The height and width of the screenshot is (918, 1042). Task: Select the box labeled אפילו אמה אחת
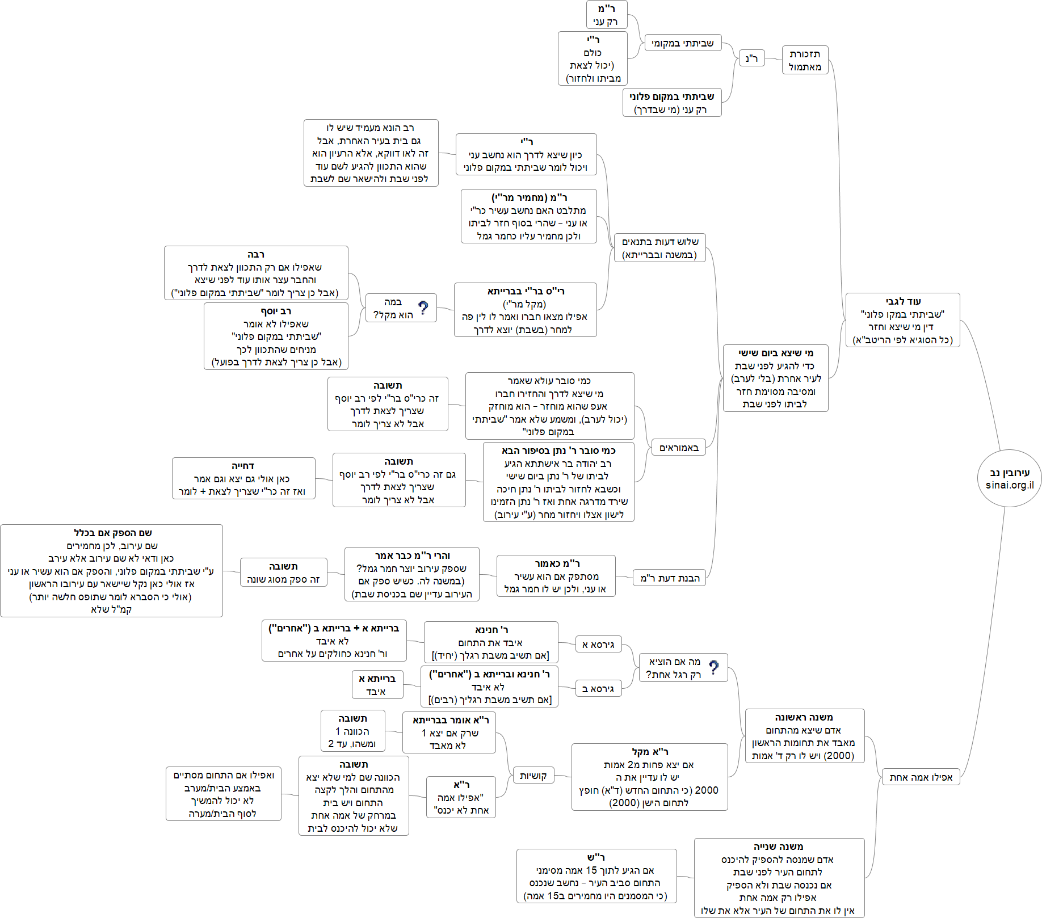(921, 777)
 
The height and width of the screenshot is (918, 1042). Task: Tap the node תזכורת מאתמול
(805, 60)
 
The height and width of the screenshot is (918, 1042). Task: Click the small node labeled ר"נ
(751, 58)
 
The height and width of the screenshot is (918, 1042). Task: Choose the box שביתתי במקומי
(683, 43)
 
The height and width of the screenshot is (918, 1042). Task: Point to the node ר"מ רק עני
(606, 15)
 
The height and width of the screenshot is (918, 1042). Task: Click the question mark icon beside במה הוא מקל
(423, 308)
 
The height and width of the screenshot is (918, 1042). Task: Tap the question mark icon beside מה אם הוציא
(713, 668)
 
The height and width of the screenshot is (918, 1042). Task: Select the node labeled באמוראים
(679, 448)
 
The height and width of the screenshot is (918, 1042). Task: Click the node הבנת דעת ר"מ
(670, 578)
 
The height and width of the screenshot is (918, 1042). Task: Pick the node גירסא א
(598, 645)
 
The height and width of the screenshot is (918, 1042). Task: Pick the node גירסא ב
(598, 689)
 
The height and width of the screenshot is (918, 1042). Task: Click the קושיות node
(533, 776)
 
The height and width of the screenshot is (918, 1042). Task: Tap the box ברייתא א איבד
(377, 685)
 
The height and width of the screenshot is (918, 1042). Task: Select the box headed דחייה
(243, 478)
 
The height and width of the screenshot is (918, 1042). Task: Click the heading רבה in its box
(256, 254)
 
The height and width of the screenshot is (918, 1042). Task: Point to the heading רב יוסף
(276, 311)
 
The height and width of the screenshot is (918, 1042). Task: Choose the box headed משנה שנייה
(779, 878)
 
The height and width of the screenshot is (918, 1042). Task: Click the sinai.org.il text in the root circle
(1010, 485)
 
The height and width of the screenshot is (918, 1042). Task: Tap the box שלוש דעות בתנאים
(659, 248)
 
